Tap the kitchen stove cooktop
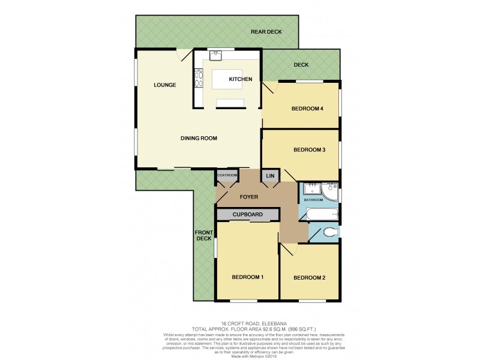click(197, 78)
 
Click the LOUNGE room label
click(164, 85)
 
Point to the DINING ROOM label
click(199, 139)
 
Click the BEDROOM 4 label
click(308, 109)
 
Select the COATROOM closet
click(228, 175)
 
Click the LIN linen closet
click(270, 176)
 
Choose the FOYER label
click(249, 196)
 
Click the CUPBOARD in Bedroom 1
click(248, 214)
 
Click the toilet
click(331, 232)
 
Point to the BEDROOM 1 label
click(248, 277)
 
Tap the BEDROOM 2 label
click(309, 277)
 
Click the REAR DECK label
click(266, 32)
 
